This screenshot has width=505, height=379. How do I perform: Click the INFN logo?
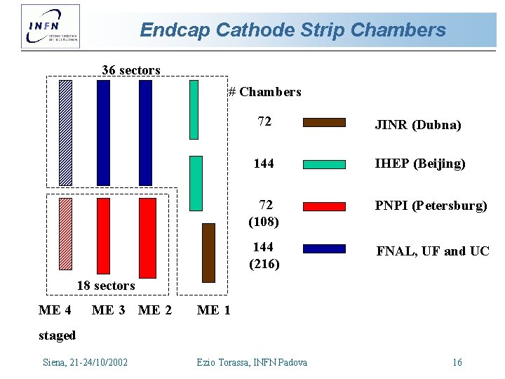[x=50, y=26]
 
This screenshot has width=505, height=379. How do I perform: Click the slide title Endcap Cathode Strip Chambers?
[x=292, y=30]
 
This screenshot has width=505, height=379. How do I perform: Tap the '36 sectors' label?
[x=131, y=70]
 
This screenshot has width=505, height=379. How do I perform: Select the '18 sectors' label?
[x=105, y=286]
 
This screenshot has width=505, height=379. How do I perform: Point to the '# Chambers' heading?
[x=264, y=92]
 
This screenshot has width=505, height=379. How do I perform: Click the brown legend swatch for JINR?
[x=324, y=122]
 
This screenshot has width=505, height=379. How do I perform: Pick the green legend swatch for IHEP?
[x=324, y=164]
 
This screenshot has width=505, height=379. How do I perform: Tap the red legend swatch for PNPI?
[x=324, y=206]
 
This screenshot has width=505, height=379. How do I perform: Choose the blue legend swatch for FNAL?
[x=324, y=248]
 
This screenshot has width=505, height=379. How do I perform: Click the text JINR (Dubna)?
[x=418, y=125]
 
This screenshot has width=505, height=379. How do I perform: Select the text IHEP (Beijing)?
[x=420, y=164]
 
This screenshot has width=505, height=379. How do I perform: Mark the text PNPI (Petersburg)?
[x=431, y=206]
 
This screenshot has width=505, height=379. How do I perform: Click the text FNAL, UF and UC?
[x=433, y=251]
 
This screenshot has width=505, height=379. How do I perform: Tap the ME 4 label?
[x=55, y=310]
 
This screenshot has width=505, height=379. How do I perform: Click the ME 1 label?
[x=214, y=310]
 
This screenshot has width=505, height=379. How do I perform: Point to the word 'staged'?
[x=57, y=335]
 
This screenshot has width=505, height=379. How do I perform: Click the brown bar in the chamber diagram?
[x=208, y=253]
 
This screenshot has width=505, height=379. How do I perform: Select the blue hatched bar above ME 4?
[x=65, y=133]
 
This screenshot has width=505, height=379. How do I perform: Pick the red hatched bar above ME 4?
[x=65, y=234]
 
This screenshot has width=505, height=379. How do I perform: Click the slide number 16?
[x=457, y=362]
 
